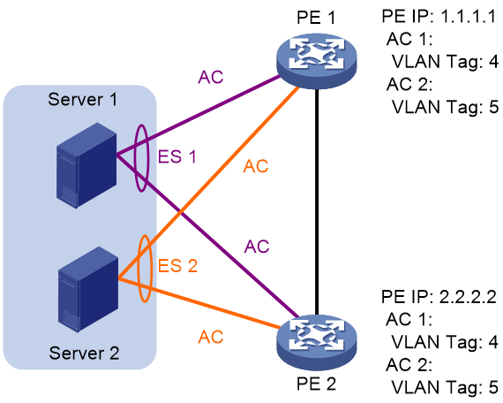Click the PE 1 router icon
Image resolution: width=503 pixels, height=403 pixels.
coord(316,61)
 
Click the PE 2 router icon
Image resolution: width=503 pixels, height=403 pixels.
coord(316,342)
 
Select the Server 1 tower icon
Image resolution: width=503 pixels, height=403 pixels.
coord(86,165)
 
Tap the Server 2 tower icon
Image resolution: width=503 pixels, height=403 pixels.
coord(88,289)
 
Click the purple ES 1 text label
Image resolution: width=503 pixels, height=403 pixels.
coord(177,156)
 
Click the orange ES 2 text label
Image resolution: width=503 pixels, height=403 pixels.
coord(177,266)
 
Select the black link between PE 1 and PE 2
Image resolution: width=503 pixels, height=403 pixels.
coord(317,201)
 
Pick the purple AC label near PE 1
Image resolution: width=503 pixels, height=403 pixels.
coord(210,77)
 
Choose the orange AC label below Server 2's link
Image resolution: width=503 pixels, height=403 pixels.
coord(210,337)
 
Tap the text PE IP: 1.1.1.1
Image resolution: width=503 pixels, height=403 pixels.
coord(439,16)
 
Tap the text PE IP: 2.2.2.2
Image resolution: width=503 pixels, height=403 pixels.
coord(439,296)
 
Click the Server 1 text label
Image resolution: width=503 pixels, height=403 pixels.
coord(82,99)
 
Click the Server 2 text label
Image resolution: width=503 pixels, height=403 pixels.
coord(84,353)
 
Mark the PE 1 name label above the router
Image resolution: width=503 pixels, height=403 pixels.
coord(316,17)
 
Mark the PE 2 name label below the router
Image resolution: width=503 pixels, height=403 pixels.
coord(316,384)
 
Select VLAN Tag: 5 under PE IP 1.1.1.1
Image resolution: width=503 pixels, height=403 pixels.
coord(446,107)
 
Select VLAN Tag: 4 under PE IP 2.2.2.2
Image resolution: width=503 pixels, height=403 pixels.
coord(445,342)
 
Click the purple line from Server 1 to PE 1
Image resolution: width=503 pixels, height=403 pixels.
coord(198,117)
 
